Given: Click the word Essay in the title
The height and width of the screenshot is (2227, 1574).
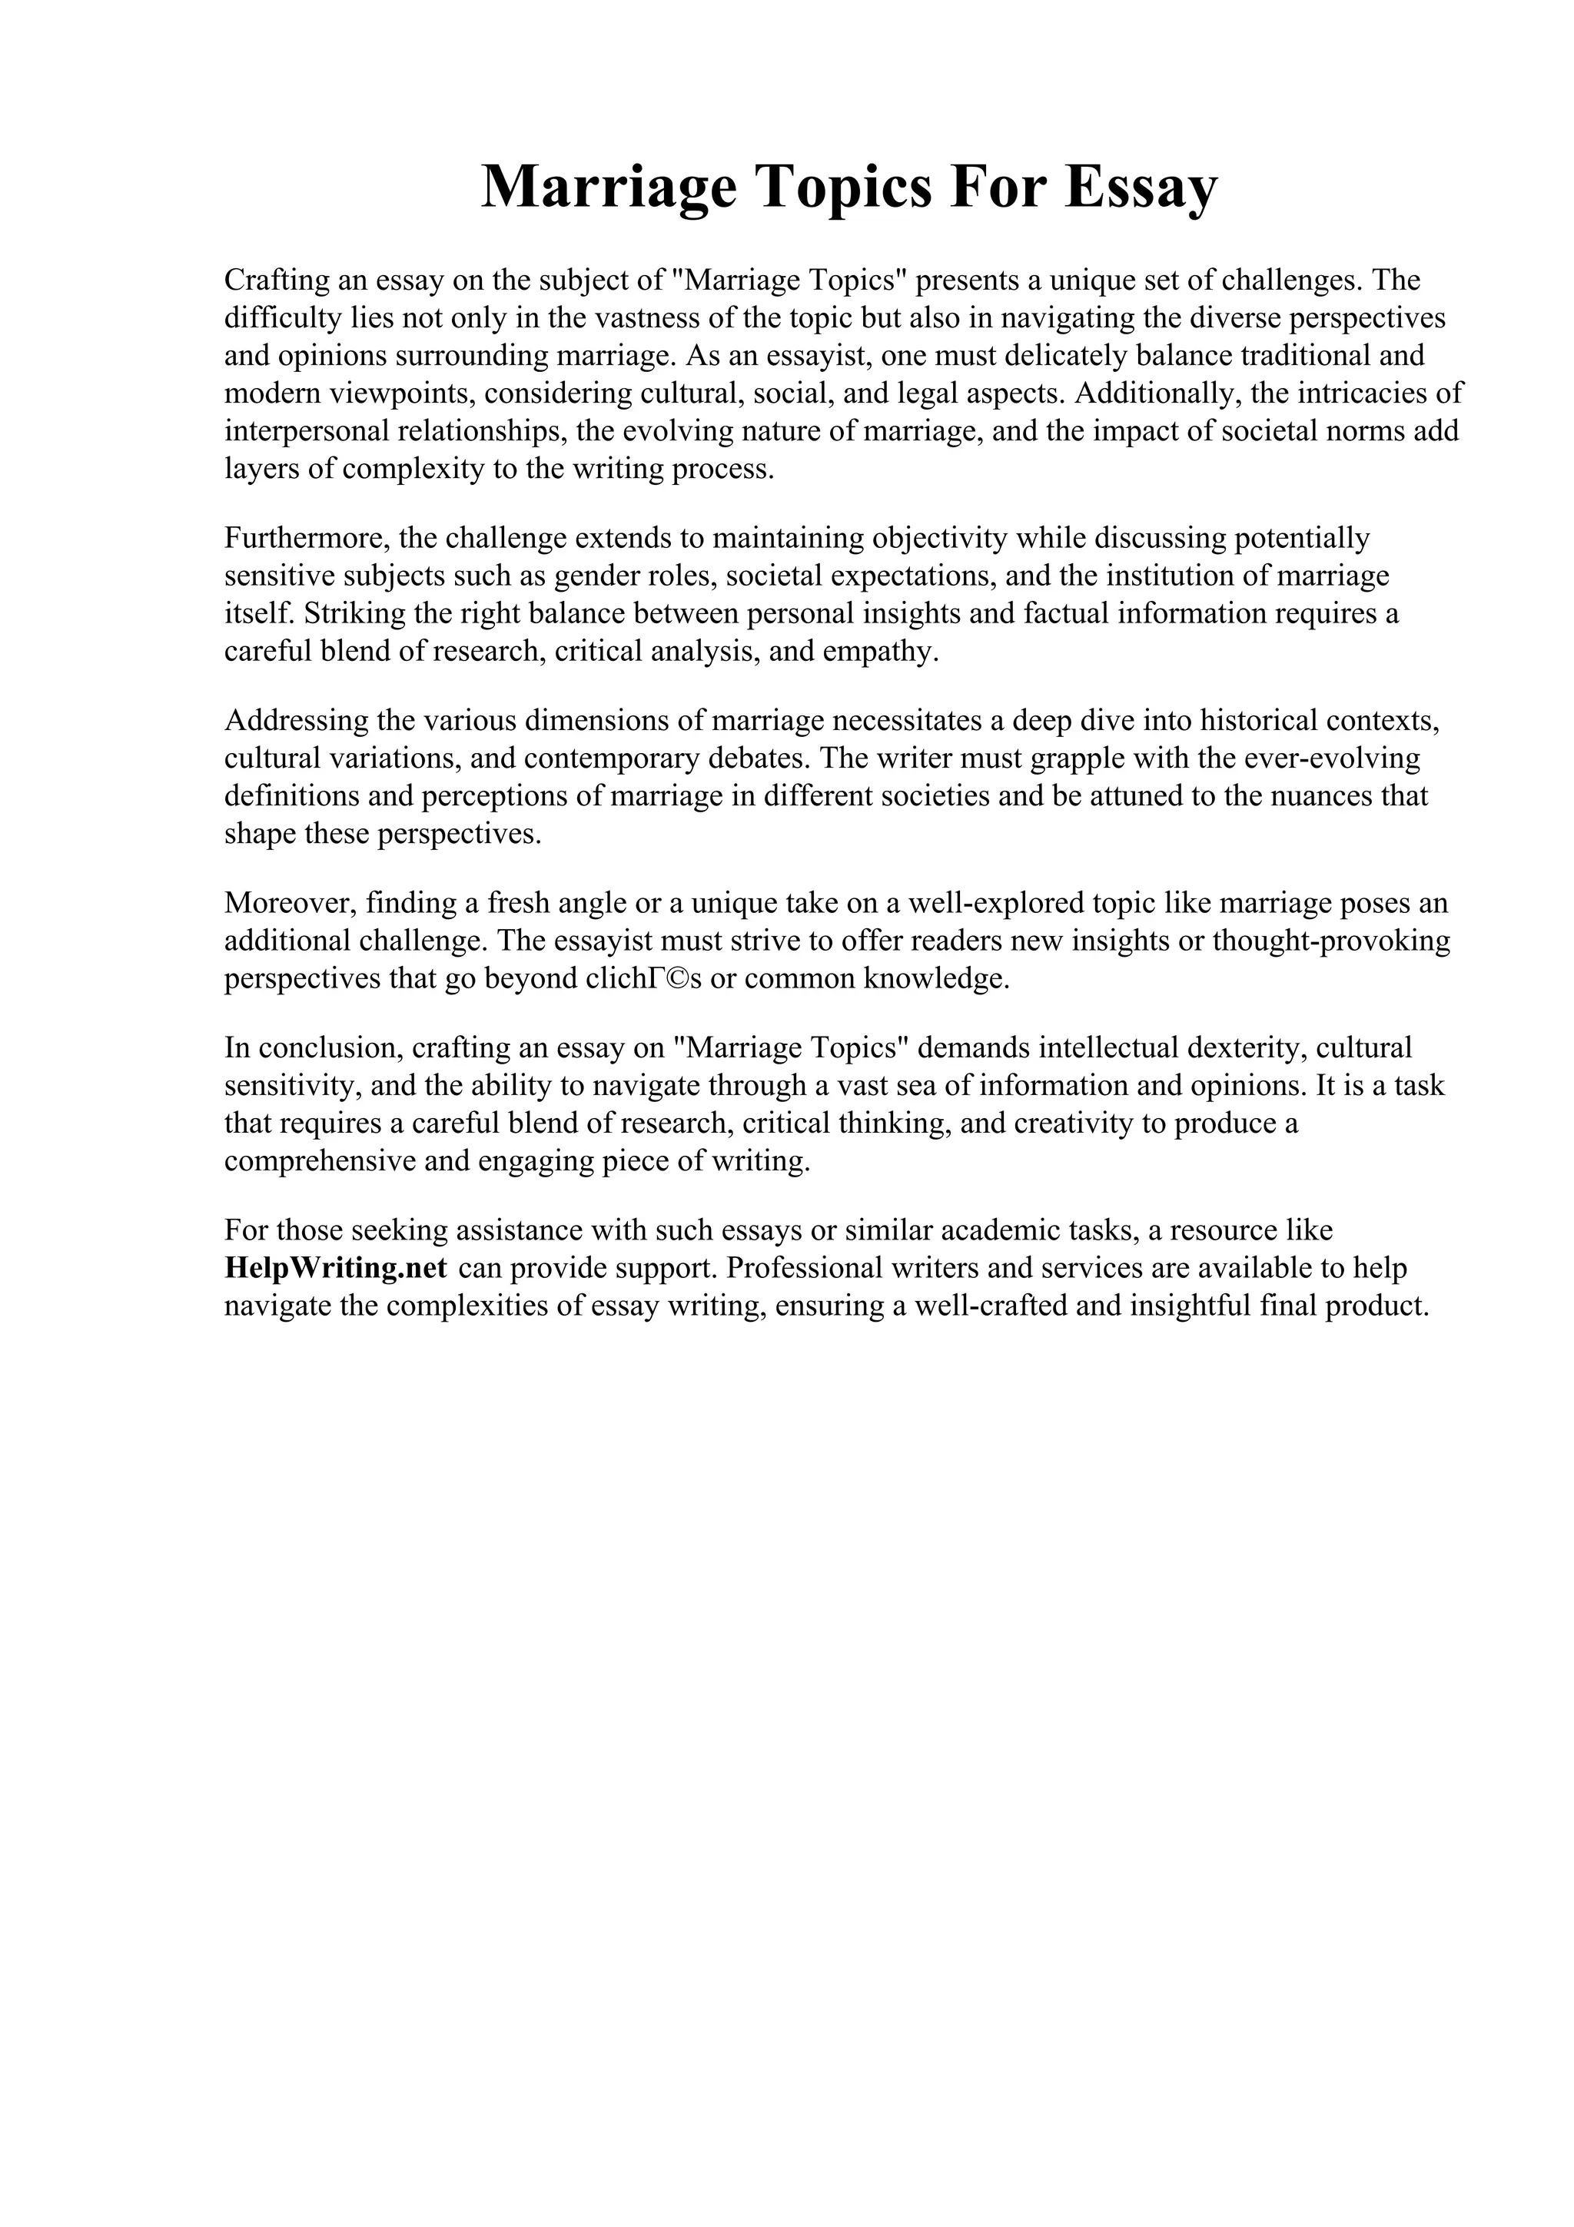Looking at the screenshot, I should [1140, 186].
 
